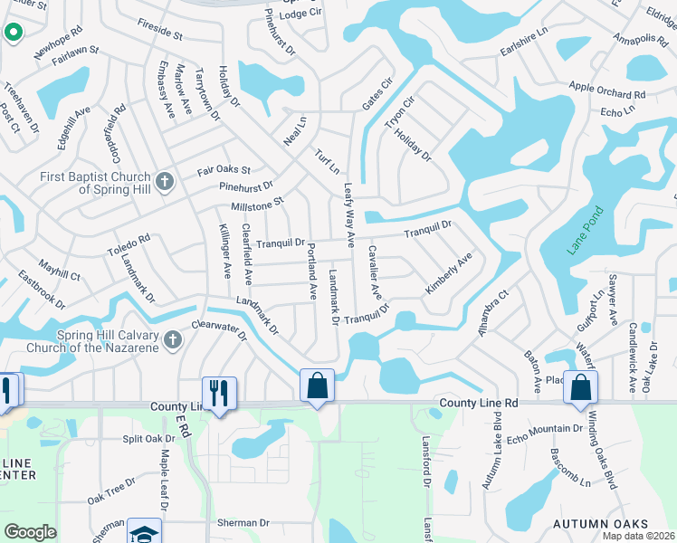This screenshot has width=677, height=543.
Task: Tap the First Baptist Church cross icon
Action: click(x=164, y=182)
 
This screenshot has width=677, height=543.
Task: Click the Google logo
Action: click(x=30, y=532)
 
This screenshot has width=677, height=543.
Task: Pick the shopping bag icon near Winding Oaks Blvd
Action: click(x=580, y=387)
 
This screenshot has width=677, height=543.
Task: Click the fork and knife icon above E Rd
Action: click(x=219, y=393)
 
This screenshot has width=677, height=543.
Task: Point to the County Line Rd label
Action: click(x=479, y=402)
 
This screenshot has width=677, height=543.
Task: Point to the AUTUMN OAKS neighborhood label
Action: click(x=601, y=524)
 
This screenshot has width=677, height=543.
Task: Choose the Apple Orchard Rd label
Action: click(x=606, y=90)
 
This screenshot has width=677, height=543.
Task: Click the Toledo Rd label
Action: click(x=129, y=244)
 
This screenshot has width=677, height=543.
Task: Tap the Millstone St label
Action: click(x=257, y=205)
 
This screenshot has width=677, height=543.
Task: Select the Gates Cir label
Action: click(x=377, y=93)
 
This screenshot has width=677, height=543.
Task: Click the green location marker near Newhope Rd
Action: click(x=14, y=33)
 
